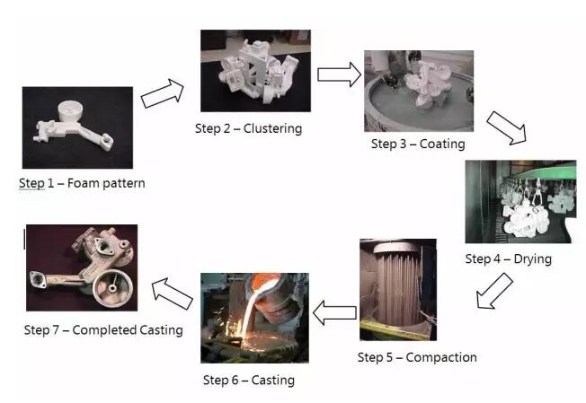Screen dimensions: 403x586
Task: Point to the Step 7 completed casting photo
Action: (82, 268)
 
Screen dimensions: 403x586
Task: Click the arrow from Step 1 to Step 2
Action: (163, 92)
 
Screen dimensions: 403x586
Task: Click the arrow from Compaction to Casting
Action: (333, 313)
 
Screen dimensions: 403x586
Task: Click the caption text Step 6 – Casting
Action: (249, 380)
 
